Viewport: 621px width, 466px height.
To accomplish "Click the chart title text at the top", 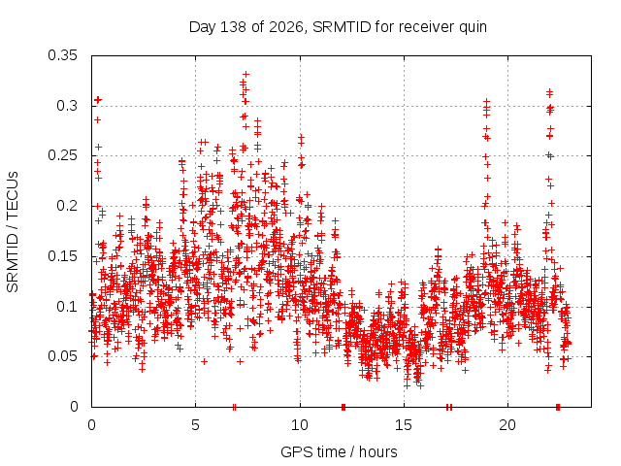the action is click(x=338, y=27).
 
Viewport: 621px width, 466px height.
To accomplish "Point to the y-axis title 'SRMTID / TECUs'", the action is click(x=13, y=232).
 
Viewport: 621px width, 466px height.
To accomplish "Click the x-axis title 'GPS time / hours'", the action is click(x=339, y=451).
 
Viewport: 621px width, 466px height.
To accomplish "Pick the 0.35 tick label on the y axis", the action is click(x=62, y=55).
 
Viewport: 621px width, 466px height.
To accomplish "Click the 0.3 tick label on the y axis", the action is click(x=67, y=106).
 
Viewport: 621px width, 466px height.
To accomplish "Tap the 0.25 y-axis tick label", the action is click(x=62, y=155).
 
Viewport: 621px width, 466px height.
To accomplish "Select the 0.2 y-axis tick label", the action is click(x=67, y=206).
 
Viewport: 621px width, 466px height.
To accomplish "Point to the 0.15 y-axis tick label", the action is click(x=62, y=256).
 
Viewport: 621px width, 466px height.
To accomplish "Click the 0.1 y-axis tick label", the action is click(x=67, y=307).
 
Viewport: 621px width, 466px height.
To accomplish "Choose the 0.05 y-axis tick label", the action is click(x=62, y=356).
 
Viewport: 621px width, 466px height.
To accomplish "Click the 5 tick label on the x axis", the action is click(x=196, y=425).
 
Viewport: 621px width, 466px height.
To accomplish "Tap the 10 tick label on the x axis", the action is click(x=300, y=425).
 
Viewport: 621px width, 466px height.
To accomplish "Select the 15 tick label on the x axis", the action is click(x=404, y=425).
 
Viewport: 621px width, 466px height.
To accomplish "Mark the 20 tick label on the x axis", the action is click(x=507, y=425).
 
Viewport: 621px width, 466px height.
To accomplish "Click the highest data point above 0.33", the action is click(x=245, y=74).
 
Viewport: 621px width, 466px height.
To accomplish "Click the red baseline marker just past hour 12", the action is click(x=343, y=407).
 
